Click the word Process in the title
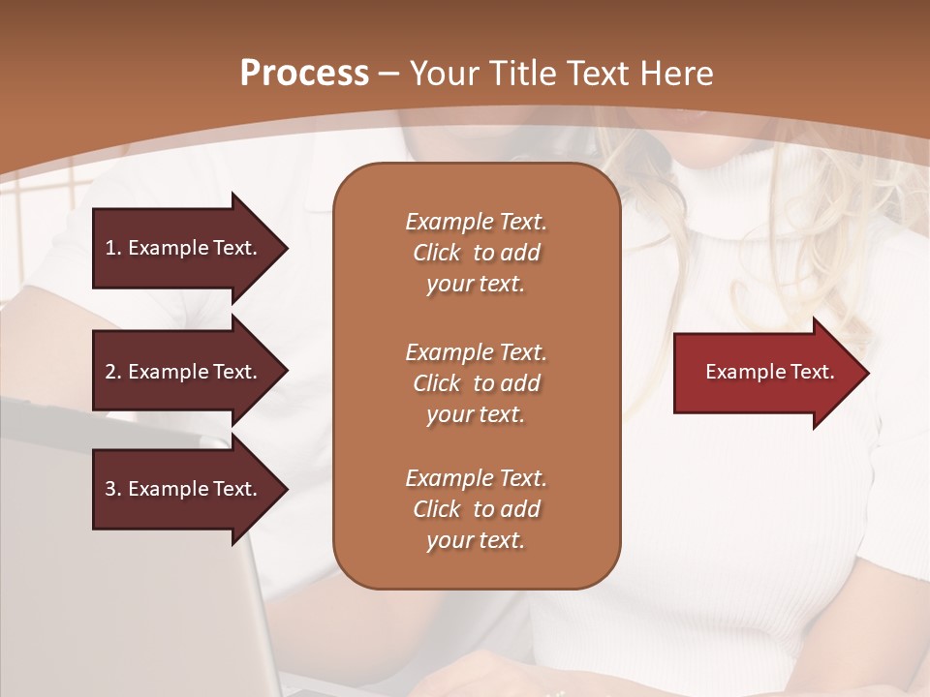[304, 74]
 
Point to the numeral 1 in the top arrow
[110, 248]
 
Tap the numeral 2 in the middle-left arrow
[110, 372]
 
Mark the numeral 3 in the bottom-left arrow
[110, 489]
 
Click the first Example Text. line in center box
[476, 222]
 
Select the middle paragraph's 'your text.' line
[476, 414]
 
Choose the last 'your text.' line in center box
[476, 540]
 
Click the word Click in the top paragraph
[437, 253]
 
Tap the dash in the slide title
[389, 74]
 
